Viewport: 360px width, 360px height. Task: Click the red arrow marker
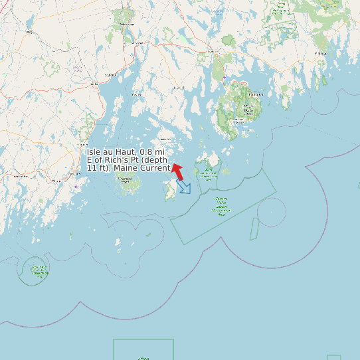(177, 171)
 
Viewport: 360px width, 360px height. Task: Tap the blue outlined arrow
(183, 187)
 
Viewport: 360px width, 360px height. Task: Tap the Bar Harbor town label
(256, 94)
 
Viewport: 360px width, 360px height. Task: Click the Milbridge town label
(321, 52)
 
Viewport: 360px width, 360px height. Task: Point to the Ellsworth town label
(210, 51)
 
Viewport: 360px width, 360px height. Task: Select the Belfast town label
(94, 84)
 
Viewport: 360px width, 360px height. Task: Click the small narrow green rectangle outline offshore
(254, 228)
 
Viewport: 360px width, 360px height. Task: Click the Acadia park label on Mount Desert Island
(248, 110)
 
